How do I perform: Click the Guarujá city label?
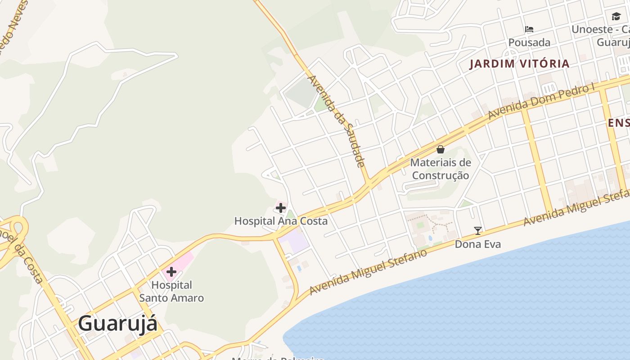pyautogui.click(x=118, y=323)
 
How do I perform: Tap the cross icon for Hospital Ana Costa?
pyautogui.click(x=281, y=208)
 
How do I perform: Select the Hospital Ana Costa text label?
pyautogui.click(x=281, y=221)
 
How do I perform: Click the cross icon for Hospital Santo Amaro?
pyautogui.click(x=171, y=272)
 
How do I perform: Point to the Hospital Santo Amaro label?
pyautogui.click(x=171, y=291)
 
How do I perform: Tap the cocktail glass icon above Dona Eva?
pyautogui.click(x=478, y=231)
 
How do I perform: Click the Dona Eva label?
pyautogui.click(x=478, y=244)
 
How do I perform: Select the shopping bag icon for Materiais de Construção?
pyautogui.click(x=441, y=149)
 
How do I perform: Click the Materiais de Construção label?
pyautogui.click(x=441, y=169)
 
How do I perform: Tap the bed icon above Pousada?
pyautogui.click(x=529, y=30)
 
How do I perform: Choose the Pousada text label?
pyautogui.click(x=529, y=43)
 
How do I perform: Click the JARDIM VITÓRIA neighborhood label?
pyautogui.click(x=520, y=63)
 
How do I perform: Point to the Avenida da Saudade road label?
pyautogui.click(x=336, y=121)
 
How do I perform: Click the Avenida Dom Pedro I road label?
pyautogui.click(x=545, y=102)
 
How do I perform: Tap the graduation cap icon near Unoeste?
pyautogui.click(x=616, y=17)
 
